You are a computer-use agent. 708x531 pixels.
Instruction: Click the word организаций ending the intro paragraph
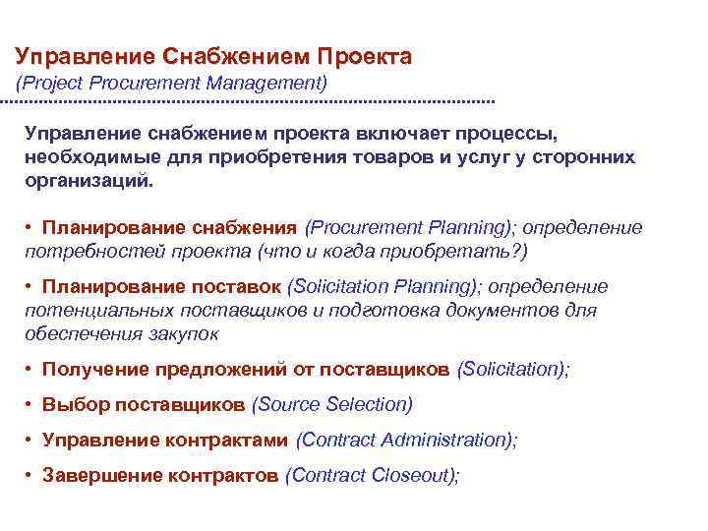(x=89, y=182)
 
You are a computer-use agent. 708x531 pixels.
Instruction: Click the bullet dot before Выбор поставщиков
(x=31, y=404)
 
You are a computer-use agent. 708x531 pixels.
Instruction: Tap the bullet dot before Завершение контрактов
(x=31, y=475)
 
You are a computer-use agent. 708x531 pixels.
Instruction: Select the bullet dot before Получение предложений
(x=31, y=369)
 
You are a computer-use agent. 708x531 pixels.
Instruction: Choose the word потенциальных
(x=85, y=311)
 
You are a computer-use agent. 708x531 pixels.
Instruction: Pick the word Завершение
(x=98, y=475)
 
